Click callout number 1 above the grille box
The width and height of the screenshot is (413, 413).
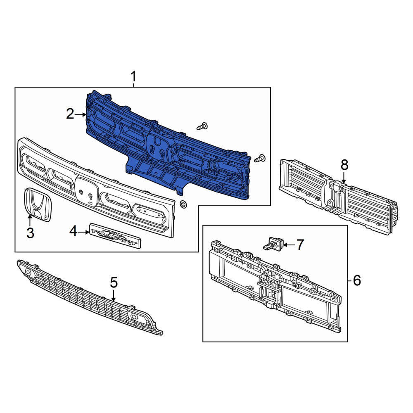[133, 77]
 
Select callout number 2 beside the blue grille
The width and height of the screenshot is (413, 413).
[70, 114]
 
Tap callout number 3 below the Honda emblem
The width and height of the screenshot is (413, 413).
[30, 233]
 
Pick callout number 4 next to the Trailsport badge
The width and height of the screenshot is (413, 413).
[73, 232]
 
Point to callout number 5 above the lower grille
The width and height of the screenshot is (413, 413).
[114, 282]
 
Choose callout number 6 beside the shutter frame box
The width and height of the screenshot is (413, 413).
[357, 280]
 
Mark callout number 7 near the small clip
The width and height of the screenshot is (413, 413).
[300, 244]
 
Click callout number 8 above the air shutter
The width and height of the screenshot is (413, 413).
[344, 165]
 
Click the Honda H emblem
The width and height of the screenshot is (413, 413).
[38, 205]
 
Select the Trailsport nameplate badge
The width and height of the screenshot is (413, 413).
[115, 236]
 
